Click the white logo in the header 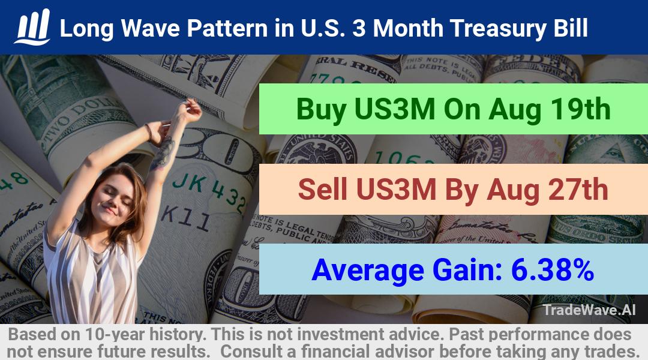click(32, 27)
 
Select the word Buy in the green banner click(322, 110)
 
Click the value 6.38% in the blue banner click(553, 270)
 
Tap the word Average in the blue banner click(368, 271)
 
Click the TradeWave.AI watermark click(589, 310)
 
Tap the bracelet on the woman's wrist click(149, 132)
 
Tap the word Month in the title click(408, 28)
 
